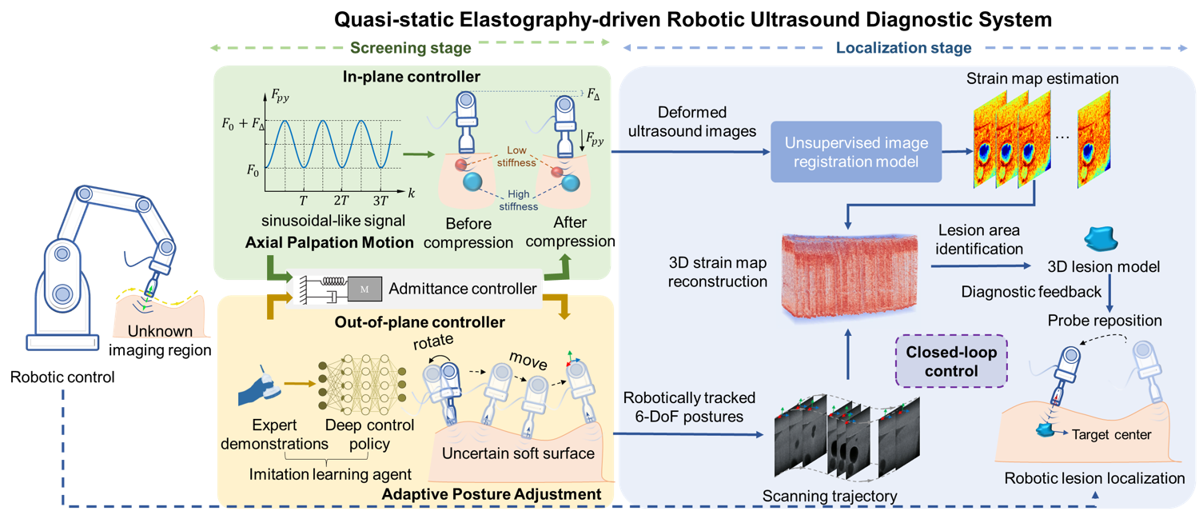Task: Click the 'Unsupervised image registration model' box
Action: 856,153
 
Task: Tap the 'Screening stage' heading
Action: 410,48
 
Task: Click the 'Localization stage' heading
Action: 903,48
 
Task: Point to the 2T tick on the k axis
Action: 341,200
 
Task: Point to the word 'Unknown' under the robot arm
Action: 161,331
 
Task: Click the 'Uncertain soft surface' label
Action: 518,453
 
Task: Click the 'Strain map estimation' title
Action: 1042,78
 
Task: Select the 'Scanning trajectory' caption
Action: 829,496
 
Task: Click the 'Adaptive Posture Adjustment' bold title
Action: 488,494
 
